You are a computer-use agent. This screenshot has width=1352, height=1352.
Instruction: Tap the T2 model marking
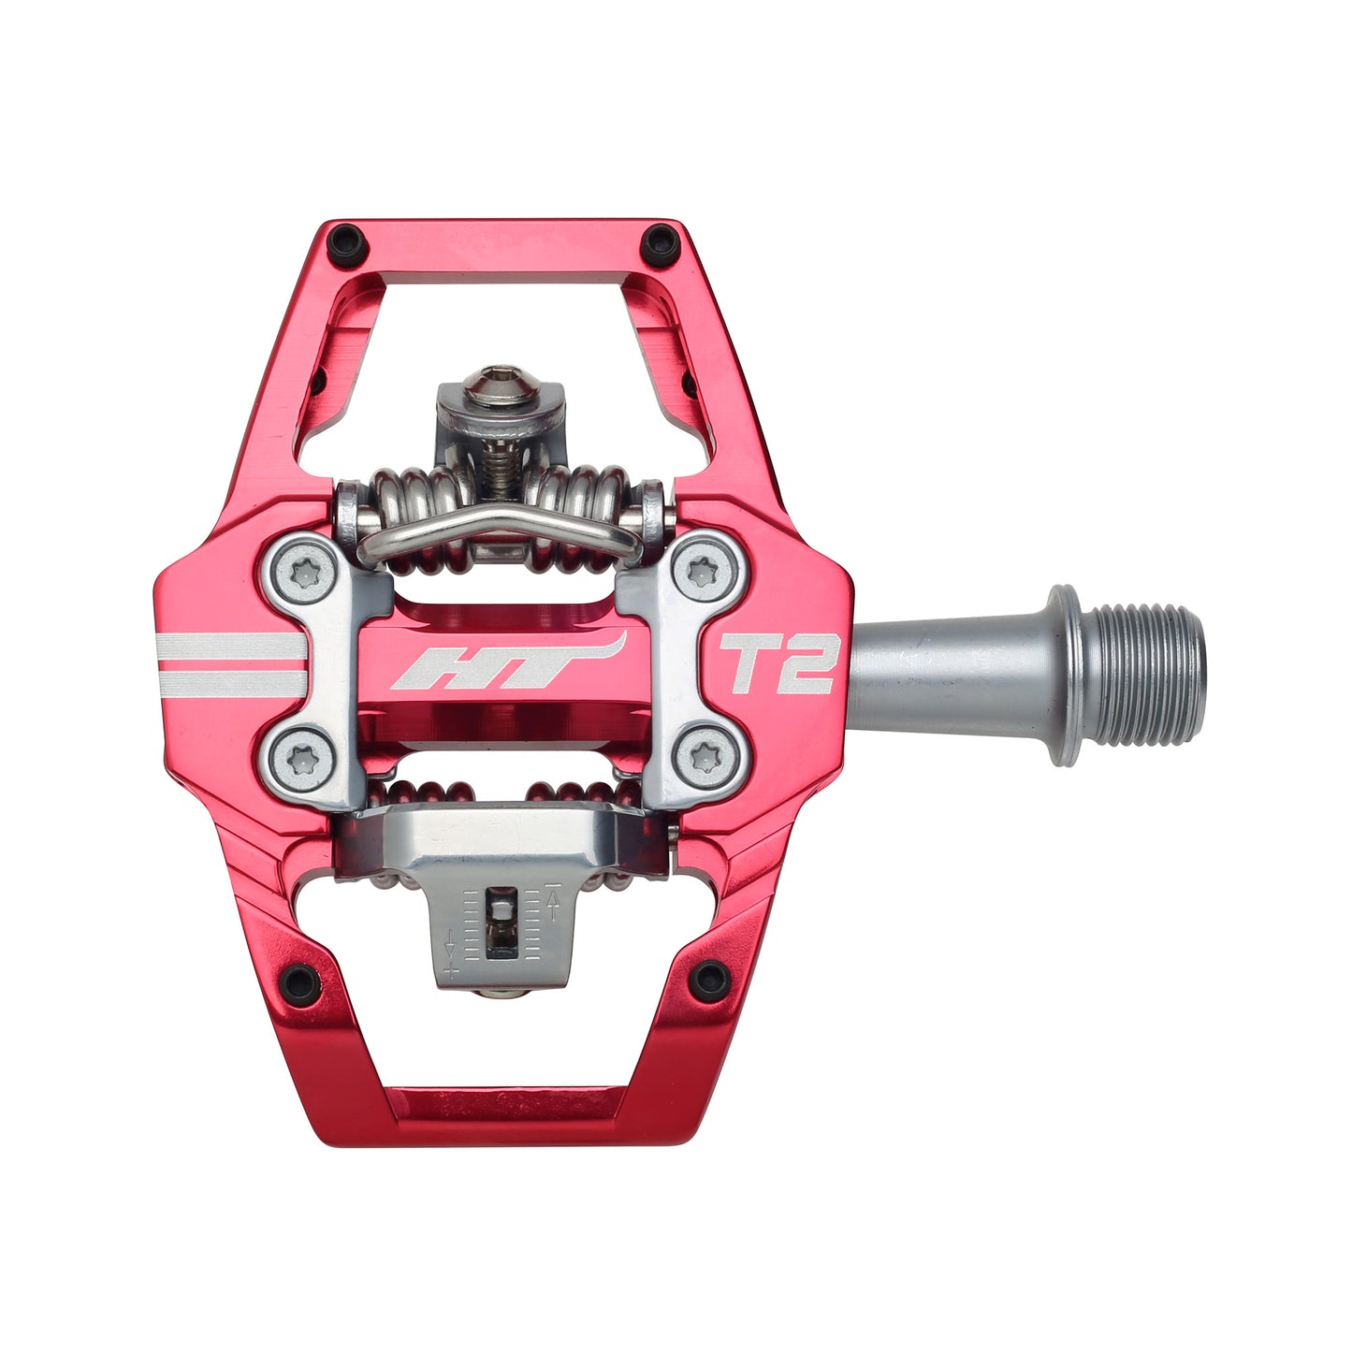[776, 664]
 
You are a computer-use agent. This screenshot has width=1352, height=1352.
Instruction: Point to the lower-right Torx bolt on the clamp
[704, 759]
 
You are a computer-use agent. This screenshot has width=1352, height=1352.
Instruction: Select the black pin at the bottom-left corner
[299, 980]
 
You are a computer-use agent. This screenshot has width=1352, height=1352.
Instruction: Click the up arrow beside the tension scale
[553, 904]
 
